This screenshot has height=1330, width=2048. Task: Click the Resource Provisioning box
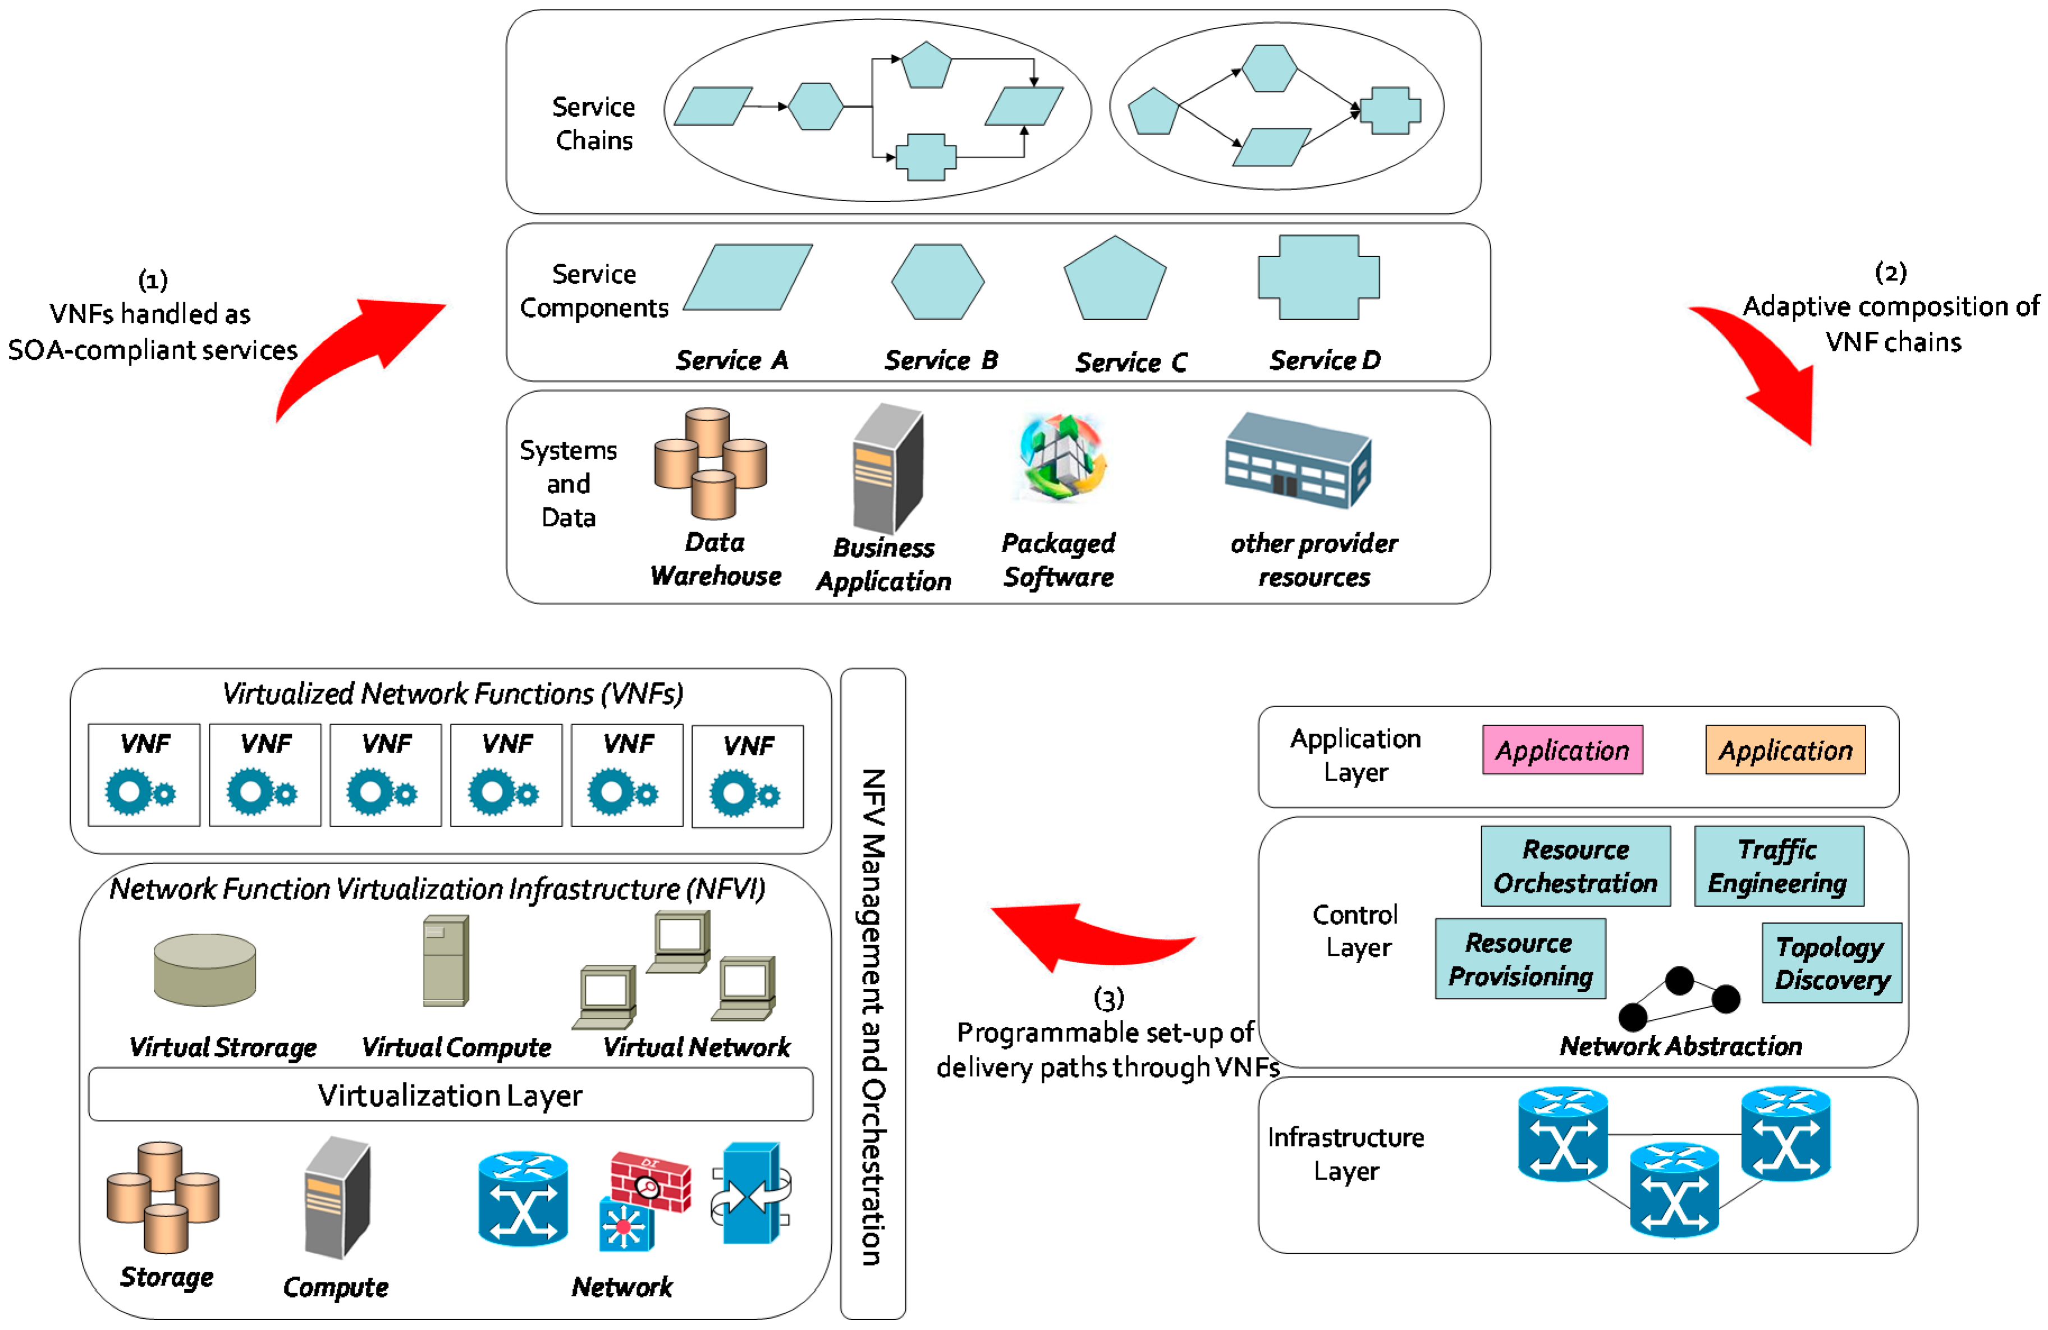point(1520,958)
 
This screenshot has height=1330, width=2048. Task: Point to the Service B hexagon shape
point(937,282)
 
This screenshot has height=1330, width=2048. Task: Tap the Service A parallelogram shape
point(748,277)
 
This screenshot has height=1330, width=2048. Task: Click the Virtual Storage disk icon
point(205,970)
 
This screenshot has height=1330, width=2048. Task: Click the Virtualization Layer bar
point(450,1094)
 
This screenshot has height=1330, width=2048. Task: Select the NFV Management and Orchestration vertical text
point(873,1015)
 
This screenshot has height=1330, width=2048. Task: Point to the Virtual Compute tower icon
point(446,960)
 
